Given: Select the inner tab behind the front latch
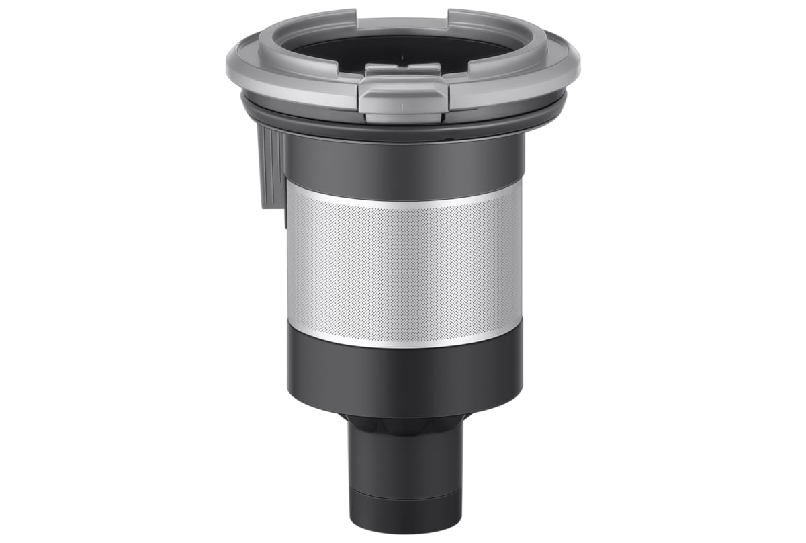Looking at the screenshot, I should pyautogui.click(x=402, y=69).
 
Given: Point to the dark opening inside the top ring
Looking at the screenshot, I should pyautogui.click(x=403, y=50).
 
